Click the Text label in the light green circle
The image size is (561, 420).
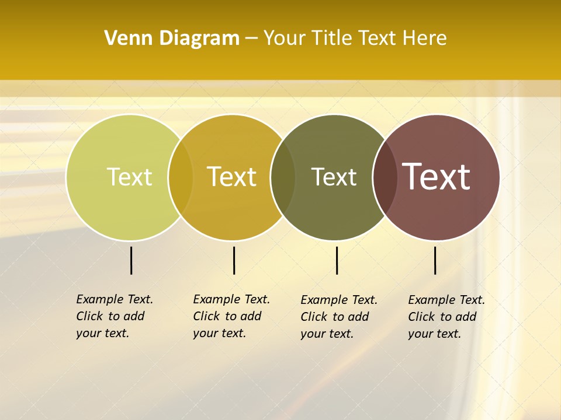(x=129, y=177)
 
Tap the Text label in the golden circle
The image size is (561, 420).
(x=232, y=177)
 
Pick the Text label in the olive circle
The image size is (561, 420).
(x=334, y=177)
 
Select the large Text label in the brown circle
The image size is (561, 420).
(x=436, y=177)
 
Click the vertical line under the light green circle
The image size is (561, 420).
(x=131, y=260)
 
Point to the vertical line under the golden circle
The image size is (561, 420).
(x=234, y=260)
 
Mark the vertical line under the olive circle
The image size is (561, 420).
(x=337, y=260)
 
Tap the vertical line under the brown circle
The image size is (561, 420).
(x=435, y=260)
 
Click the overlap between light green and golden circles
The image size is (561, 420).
(x=181, y=177)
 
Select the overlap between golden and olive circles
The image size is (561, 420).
(x=283, y=177)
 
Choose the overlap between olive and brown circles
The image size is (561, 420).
(x=385, y=177)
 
